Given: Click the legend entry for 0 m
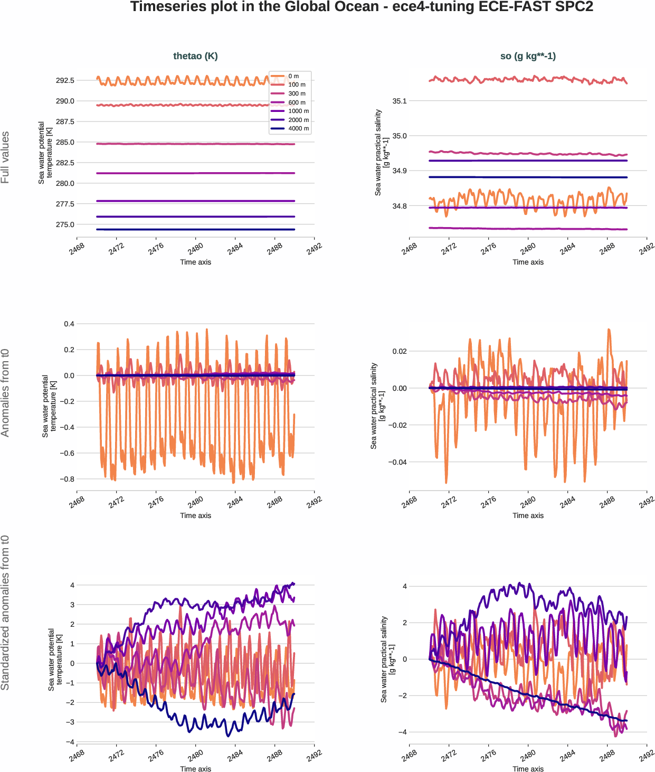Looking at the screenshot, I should tap(293, 76).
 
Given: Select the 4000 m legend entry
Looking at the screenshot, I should tap(298, 128).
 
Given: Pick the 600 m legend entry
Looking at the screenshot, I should tap(297, 102).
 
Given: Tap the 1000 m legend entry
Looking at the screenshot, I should tap(298, 111).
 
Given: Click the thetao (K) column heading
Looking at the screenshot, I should tap(195, 56).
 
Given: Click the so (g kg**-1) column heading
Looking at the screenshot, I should tap(528, 56).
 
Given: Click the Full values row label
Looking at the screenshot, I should tap(5, 157).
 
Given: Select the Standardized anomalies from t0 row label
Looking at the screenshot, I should tap(5, 613).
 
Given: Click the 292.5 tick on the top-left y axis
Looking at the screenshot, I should tap(65, 80).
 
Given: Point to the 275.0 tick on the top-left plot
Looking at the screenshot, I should tap(65, 224).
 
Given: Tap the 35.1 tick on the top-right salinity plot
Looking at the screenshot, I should tap(400, 101).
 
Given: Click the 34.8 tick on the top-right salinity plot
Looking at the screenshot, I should tap(400, 206).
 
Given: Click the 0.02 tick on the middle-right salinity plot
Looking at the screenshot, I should tap(400, 351).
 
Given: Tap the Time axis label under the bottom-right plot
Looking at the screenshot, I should tap(528, 769).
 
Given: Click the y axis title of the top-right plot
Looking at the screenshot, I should tap(382, 153).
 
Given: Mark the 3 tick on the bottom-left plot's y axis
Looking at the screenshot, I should tap(72, 605).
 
